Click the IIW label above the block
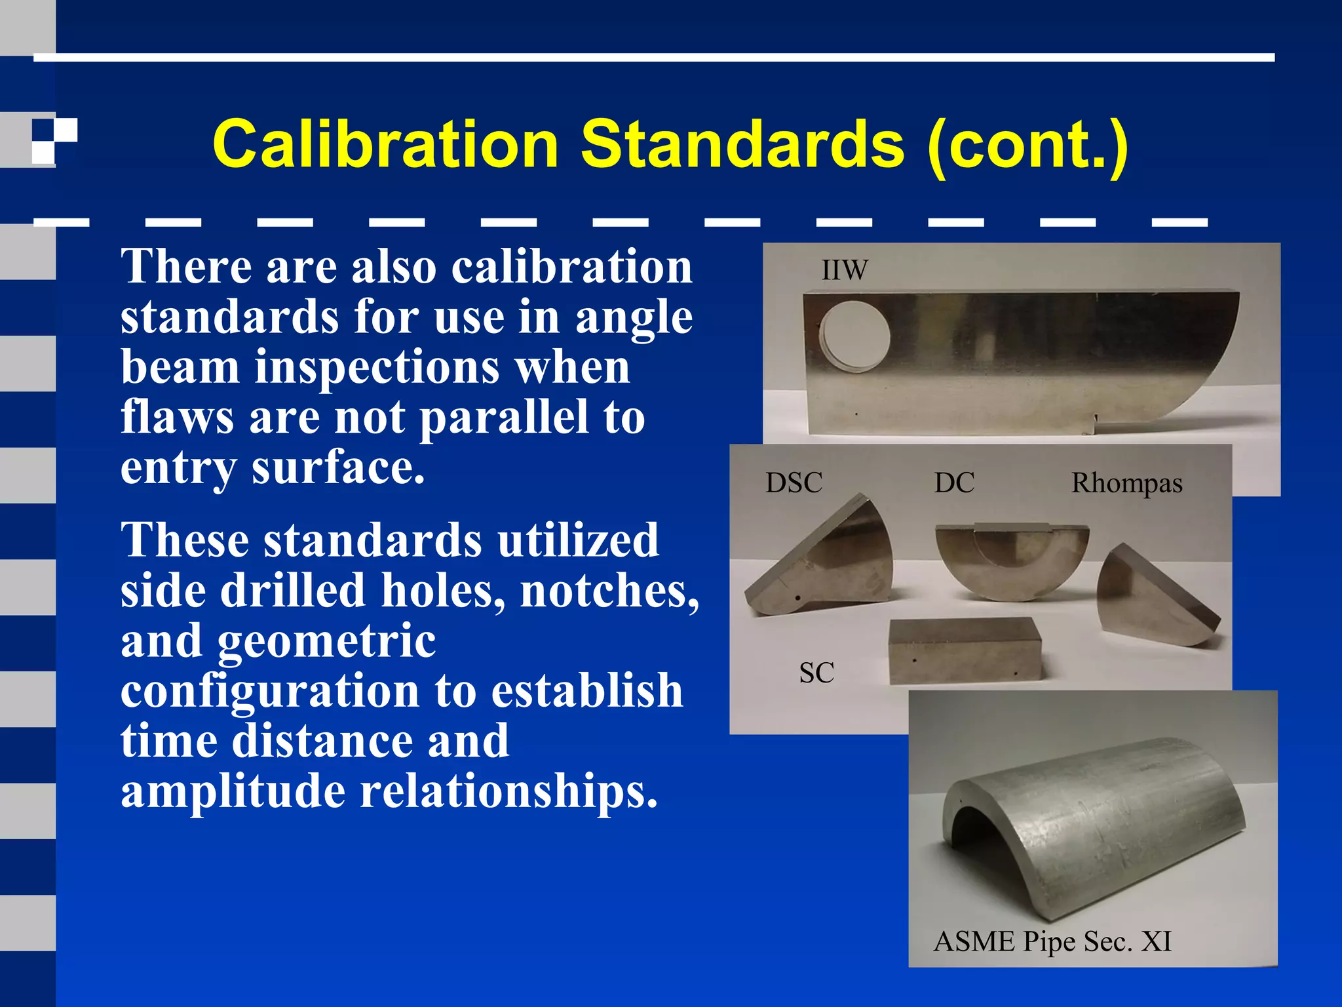(845, 270)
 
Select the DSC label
(794, 483)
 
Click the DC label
(954, 483)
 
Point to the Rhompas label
(1126, 483)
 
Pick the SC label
(816, 673)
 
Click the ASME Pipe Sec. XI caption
(1052, 941)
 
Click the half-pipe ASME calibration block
(1094, 826)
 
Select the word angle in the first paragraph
(634, 317)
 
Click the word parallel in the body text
(503, 418)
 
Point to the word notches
(609, 591)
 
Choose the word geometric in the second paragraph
(326, 641)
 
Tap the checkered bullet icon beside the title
(54, 140)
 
